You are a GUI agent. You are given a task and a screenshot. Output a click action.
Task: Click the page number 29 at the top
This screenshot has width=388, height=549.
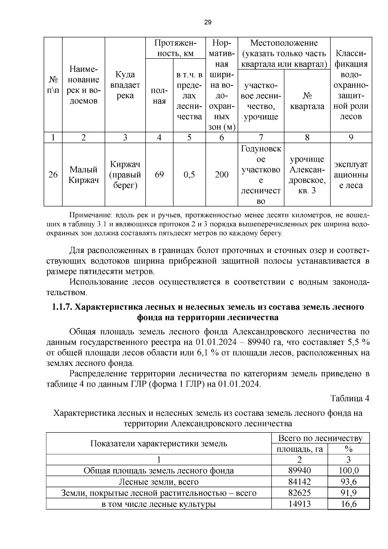pyautogui.click(x=208, y=22)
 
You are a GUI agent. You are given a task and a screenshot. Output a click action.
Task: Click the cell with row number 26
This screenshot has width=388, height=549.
pyautogui.click(x=53, y=175)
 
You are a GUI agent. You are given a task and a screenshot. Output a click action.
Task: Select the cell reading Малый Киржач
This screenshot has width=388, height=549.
pyautogui.click(x=83, y=175)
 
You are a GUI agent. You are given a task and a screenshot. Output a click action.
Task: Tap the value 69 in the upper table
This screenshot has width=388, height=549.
pyautogui.click(x=159, y=175)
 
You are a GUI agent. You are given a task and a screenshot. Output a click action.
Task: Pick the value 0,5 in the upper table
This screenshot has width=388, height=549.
pyautogui.click(x=189, y=175)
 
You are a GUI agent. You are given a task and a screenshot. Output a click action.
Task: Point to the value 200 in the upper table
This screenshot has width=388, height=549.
pyautogui.click(x=221, y=175)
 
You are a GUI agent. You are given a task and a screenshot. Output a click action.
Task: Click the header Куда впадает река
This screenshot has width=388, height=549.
pyautogui.click(x=125, y=85)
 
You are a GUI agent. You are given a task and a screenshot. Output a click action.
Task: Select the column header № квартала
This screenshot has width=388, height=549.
pyautogui.click(x=307, y=101)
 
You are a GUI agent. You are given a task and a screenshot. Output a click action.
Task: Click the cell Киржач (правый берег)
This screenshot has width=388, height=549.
pyautogui.click(x=125, y=175)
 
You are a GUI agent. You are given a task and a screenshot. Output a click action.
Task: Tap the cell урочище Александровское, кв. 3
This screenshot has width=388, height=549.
pyautogui.click(x=307, y=175)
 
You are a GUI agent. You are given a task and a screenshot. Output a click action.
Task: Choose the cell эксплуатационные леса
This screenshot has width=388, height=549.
pyautogui.click(x=351, y=175)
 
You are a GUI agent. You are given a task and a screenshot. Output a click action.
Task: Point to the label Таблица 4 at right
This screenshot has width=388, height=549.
pyautogui.click(x=349, y=398)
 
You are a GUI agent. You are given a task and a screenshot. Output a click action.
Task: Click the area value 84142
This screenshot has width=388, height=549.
pyautogui.click(x=299, y=482)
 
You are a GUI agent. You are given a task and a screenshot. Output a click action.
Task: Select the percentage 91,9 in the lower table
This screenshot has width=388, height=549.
pyautogui.click(x=348, y=493)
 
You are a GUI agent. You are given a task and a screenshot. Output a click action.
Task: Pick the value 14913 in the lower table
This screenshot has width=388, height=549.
pyautogui.click(x=299, y=504)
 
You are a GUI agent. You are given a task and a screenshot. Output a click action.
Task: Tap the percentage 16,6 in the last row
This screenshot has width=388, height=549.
pyautogui.click(x=348, y=504)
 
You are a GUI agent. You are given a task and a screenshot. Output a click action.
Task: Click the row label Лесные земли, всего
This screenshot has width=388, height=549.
pyautogui.click(x=158, y=482)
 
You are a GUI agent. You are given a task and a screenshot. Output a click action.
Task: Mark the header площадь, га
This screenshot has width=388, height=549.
pyautogui.click(x=299, y=449)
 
